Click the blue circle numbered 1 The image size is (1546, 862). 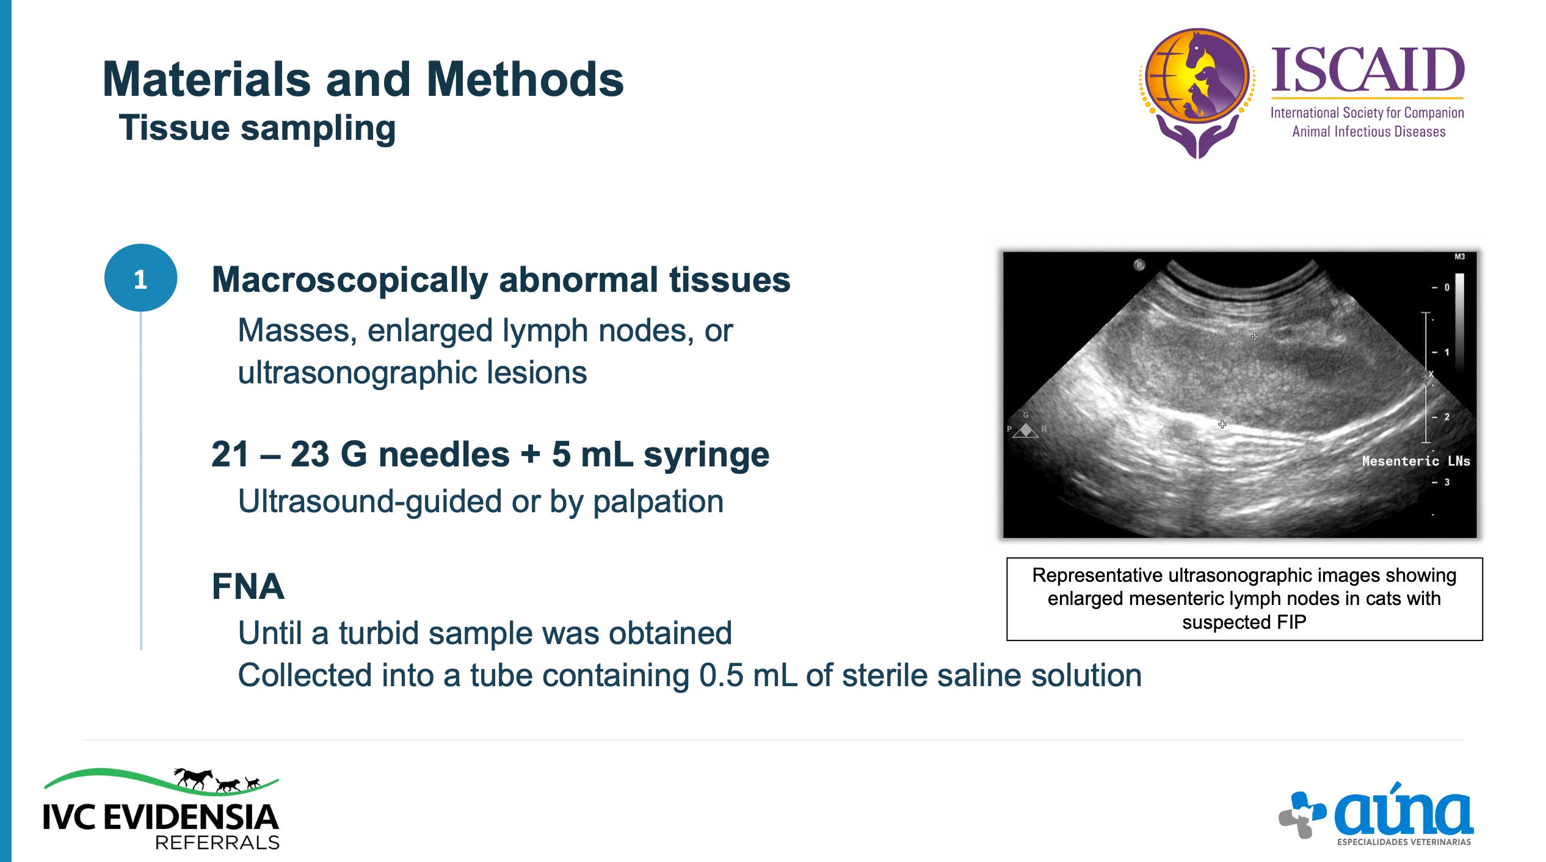pos(140,278)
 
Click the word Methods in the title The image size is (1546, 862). pos(525,79)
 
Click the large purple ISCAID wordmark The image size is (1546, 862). pos(1368,70)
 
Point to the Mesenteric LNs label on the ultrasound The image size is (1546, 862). pos(1415,461)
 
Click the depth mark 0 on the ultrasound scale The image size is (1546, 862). pos(1446,287)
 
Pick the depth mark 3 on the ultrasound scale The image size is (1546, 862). pos(1446,482)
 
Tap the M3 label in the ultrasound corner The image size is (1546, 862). pos(1459,256)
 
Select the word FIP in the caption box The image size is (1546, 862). pos(1290,622)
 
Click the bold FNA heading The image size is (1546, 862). pos(248,587)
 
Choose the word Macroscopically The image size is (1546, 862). pos(350,281)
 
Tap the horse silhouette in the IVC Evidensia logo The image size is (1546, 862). pos(194,778)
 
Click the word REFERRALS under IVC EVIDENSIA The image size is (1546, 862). pos(217,842)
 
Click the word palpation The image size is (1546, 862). pos(658,502)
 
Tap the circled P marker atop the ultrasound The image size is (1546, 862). pos(1139,265)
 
